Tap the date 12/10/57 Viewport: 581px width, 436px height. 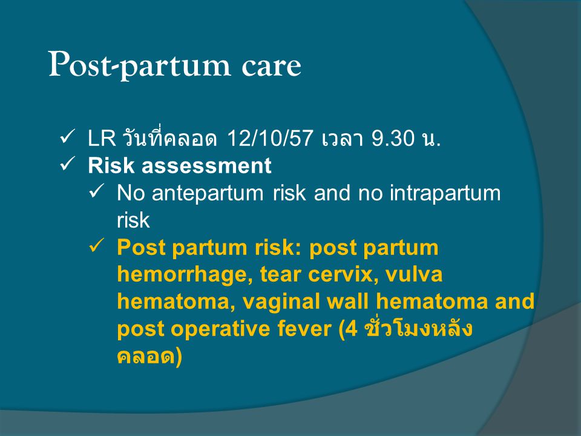270,138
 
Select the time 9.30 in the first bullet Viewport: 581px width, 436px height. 393,138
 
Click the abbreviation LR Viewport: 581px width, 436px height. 102,138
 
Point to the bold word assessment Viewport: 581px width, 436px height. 206,165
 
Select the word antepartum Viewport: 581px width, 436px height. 208,194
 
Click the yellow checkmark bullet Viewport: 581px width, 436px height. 97,246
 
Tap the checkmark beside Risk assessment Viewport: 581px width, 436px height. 67,164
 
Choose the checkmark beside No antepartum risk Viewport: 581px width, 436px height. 97,191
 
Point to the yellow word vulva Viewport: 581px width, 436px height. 414,275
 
